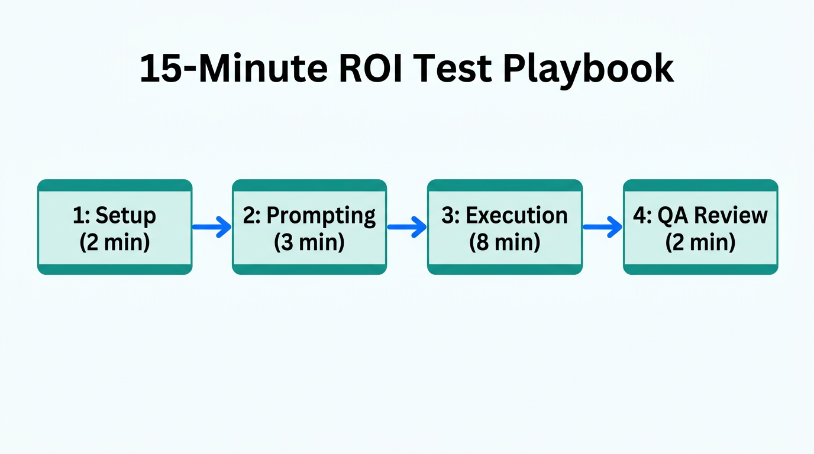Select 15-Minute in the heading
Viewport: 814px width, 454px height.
[232, 69]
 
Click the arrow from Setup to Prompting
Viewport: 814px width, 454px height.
[212, 227]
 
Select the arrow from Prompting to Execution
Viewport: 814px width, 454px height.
[407, 227]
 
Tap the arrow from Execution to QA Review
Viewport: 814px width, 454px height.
[603, 227]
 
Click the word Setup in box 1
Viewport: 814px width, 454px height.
[125, 216]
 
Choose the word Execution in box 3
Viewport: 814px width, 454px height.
[516, 216]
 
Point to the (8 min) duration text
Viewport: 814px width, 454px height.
[505, 242]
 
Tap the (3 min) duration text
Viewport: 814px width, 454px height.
[309, 242]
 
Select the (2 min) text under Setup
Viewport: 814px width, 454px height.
[115, 242]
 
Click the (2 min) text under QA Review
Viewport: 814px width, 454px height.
[700, 242]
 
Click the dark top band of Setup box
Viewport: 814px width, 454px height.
[115, 186]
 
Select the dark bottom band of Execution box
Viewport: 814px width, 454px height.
[505, 270]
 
